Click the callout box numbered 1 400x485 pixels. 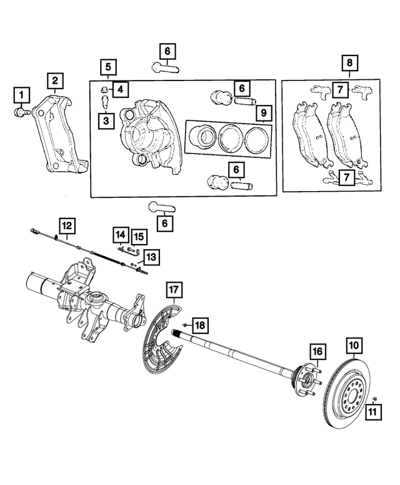(x=21, y=95)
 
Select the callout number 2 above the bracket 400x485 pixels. (x=55, y=80)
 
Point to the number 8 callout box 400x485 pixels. (x=349, y=63)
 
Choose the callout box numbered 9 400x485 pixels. (x=264, y=113)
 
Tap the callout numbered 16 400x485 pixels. (x=317, y=351)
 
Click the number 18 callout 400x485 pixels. (x=199, y=325)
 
